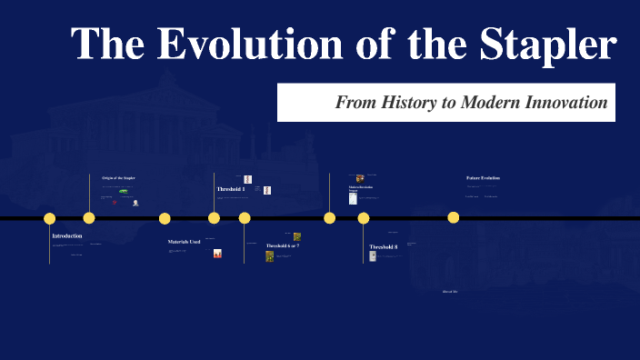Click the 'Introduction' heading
pos(67,236)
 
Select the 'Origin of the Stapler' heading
pos(118,178)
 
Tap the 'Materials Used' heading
pos(184,242)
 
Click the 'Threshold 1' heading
pos(231,189)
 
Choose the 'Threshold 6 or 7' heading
pos(283,246)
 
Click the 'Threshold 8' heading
pos(383,247)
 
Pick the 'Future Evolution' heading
pos(483,178)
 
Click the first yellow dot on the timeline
pos(50,218)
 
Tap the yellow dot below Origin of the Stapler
pos(89,218)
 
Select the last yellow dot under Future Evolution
pos(454,217)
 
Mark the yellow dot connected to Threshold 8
pos(364,218)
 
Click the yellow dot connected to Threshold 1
pos(214,218)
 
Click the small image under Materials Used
pos(217,255)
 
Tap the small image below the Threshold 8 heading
pos(373,257)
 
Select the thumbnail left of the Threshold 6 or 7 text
pos(270,256)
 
